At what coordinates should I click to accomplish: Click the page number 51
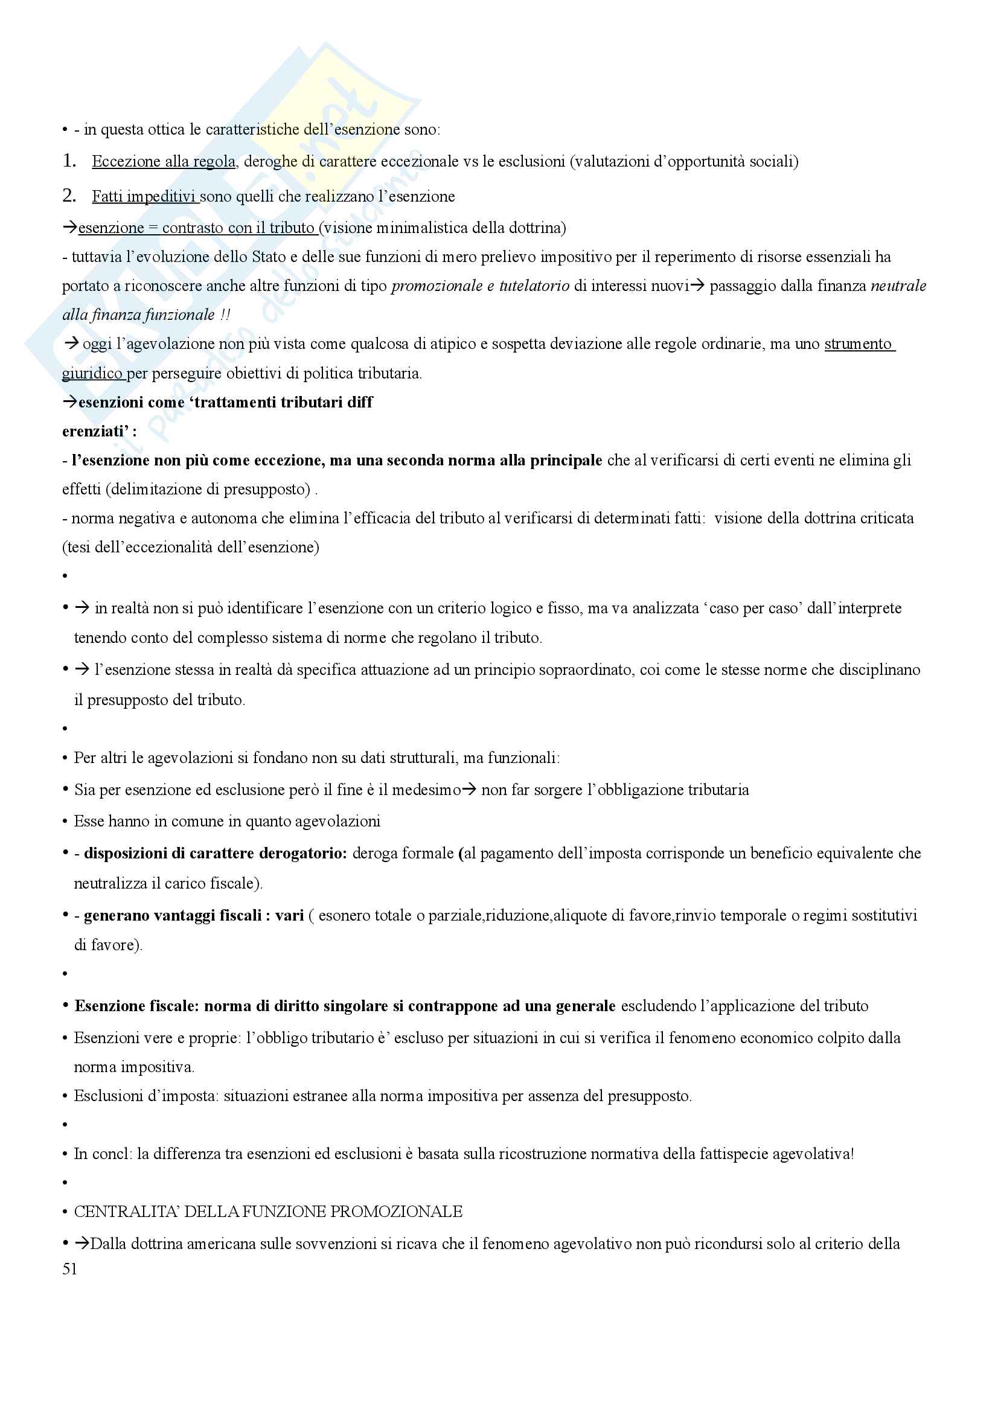(69, 1270)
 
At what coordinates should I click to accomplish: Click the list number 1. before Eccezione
(69, 161)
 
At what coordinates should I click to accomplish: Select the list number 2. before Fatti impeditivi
(69, 196)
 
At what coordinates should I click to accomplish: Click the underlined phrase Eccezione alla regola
(164, 162)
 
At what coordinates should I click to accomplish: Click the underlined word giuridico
(92, 373)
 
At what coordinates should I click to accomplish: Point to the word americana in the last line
(234, 1244)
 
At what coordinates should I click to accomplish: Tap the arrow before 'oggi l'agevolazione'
(72, 343)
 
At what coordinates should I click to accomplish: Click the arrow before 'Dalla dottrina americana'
(82, 1243)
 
